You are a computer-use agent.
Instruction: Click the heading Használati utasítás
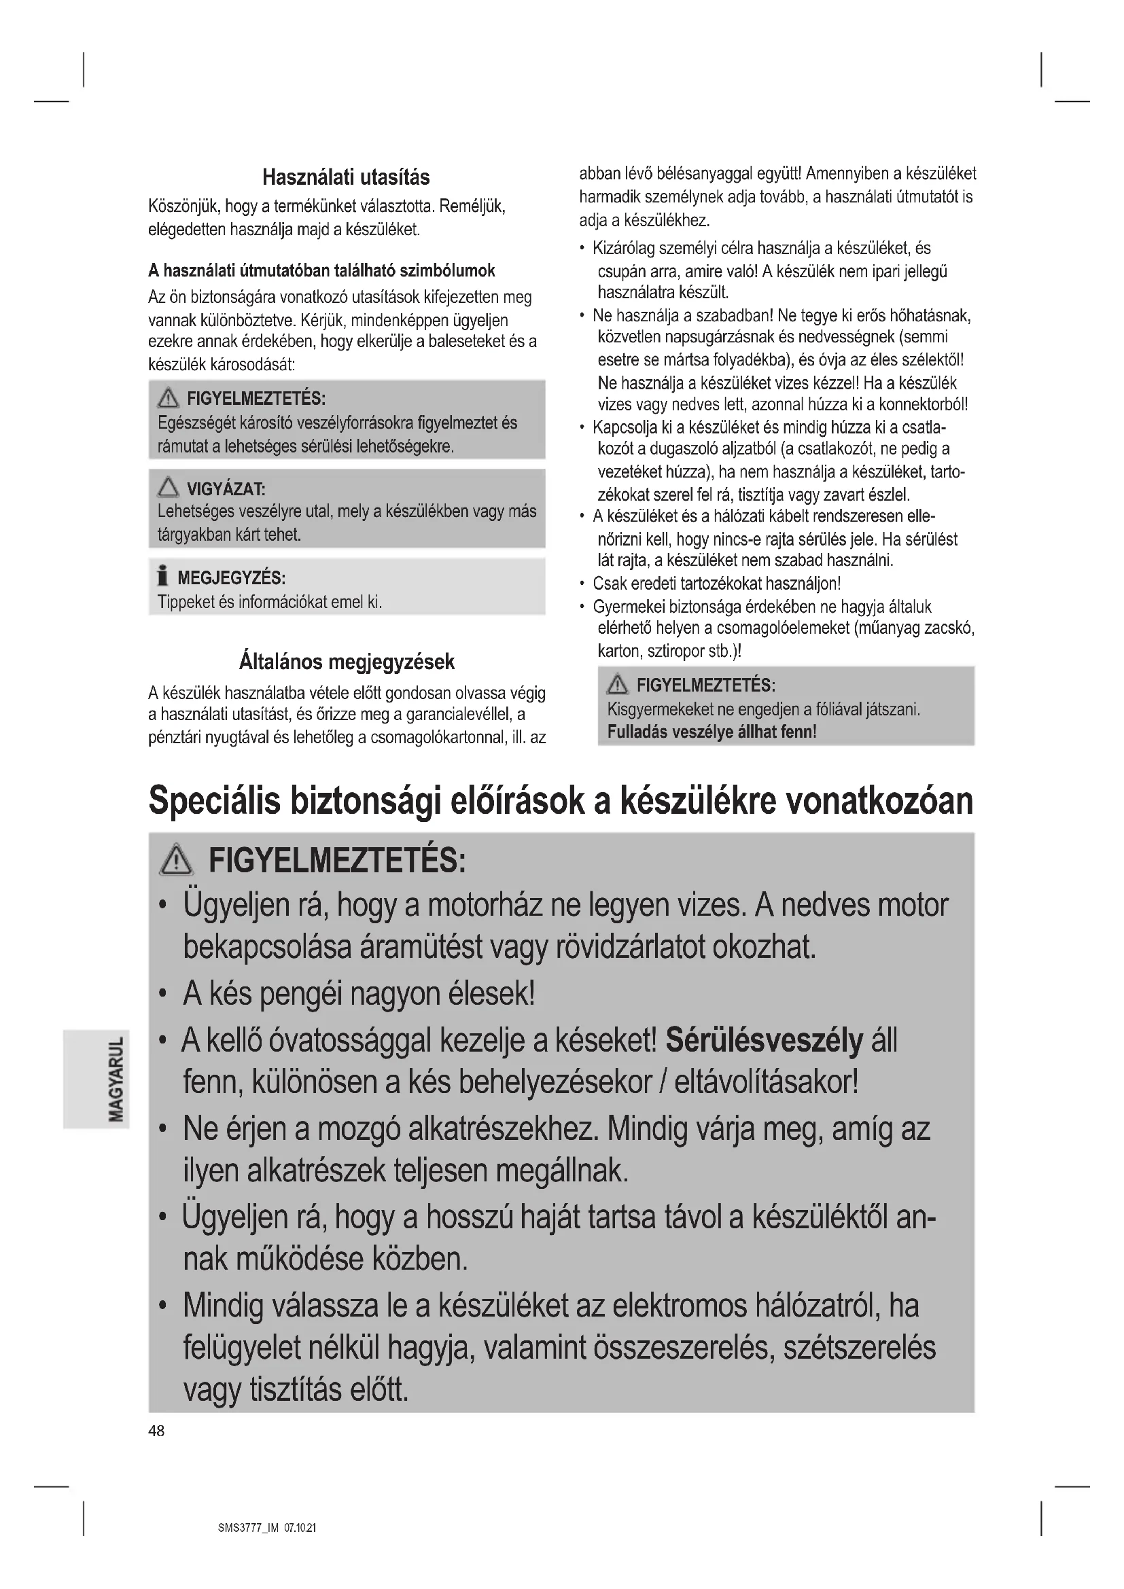pyautogui.click(x=346, y=178)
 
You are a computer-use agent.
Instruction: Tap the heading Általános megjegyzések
pyautogui.click(x=346, y=662)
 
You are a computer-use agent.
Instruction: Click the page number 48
pyautogui.click(x=156, y=1431)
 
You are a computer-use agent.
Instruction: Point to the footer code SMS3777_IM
pyautogui.click(x=248, y=1528)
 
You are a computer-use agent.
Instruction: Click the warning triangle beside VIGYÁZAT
pyautogui.click(x=167, y=488)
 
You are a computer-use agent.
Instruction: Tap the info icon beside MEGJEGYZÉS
pyautogui.click(x=162, y=576)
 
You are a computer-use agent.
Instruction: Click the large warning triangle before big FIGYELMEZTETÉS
pyautogui.click(x=177, y=861)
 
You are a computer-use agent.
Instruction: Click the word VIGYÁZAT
pyautogui.click(x=226, y=490)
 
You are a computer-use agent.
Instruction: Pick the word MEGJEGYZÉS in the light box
pyautogui.click(x=231, y=578)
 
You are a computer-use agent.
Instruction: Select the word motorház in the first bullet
pyautogui.click(x=484, y=906)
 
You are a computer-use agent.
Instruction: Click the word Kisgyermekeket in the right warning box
pyautogui.click(x=657, y=709)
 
